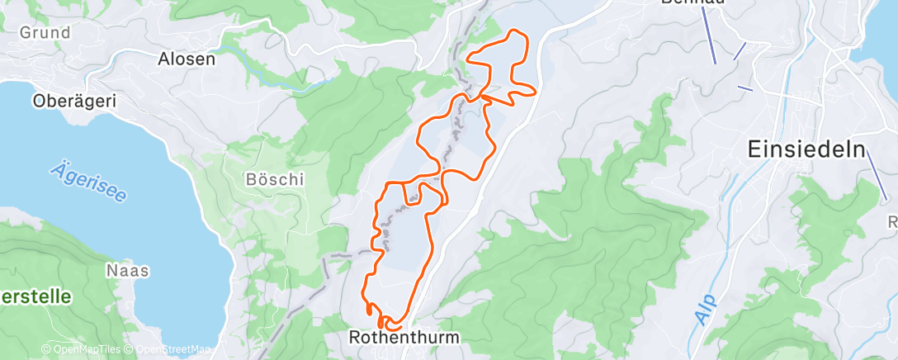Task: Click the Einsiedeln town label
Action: coord(806,150)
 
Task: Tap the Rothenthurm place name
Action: coord(404,338)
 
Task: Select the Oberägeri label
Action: coord(73,101)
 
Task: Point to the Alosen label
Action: coord(187,59)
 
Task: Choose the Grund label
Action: coord(44,32)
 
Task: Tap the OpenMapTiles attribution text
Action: coord(83,350)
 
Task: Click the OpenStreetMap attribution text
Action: coord(168,350)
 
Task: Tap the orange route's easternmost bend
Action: coord(536,90)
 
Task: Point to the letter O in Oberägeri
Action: coord(38,101)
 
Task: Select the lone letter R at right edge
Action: coord(892,221)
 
